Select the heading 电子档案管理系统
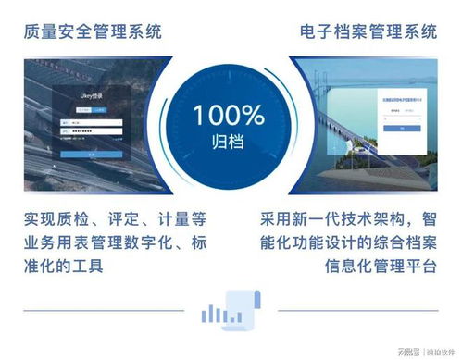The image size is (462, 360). tap(368, 31)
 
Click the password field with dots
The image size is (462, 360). tap(88, 131)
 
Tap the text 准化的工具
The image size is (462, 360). tap(66, 267)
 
